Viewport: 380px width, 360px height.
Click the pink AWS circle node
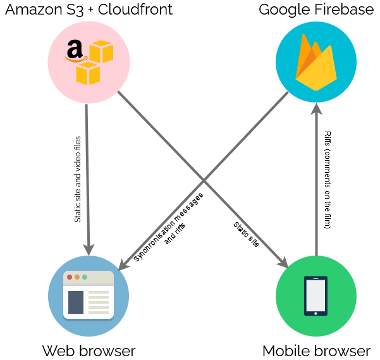coord(89,62)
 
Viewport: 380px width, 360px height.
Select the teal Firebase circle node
coord(316,61)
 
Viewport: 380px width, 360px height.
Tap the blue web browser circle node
coord(89,296)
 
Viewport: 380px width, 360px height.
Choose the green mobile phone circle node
coord(316,296)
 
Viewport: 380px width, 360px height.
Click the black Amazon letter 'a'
coord(75,49)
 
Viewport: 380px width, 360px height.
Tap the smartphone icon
coord(316,295)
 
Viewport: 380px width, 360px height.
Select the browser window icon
coord(89,295)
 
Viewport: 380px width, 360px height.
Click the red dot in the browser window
coord(70,277)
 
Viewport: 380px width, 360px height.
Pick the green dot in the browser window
coord(85,277)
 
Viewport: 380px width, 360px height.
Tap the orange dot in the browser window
coord(77,277)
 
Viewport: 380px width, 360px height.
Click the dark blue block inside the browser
coord(76,302)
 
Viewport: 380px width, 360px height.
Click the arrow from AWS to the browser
coord(87,171)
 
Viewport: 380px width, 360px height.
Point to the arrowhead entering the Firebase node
coord(316,108)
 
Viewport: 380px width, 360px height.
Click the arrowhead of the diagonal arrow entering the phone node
coord(283,263)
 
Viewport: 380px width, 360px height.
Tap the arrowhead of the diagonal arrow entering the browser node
coord(123,264)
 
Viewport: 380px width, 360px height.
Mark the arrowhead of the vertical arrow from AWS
coord(89,248)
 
